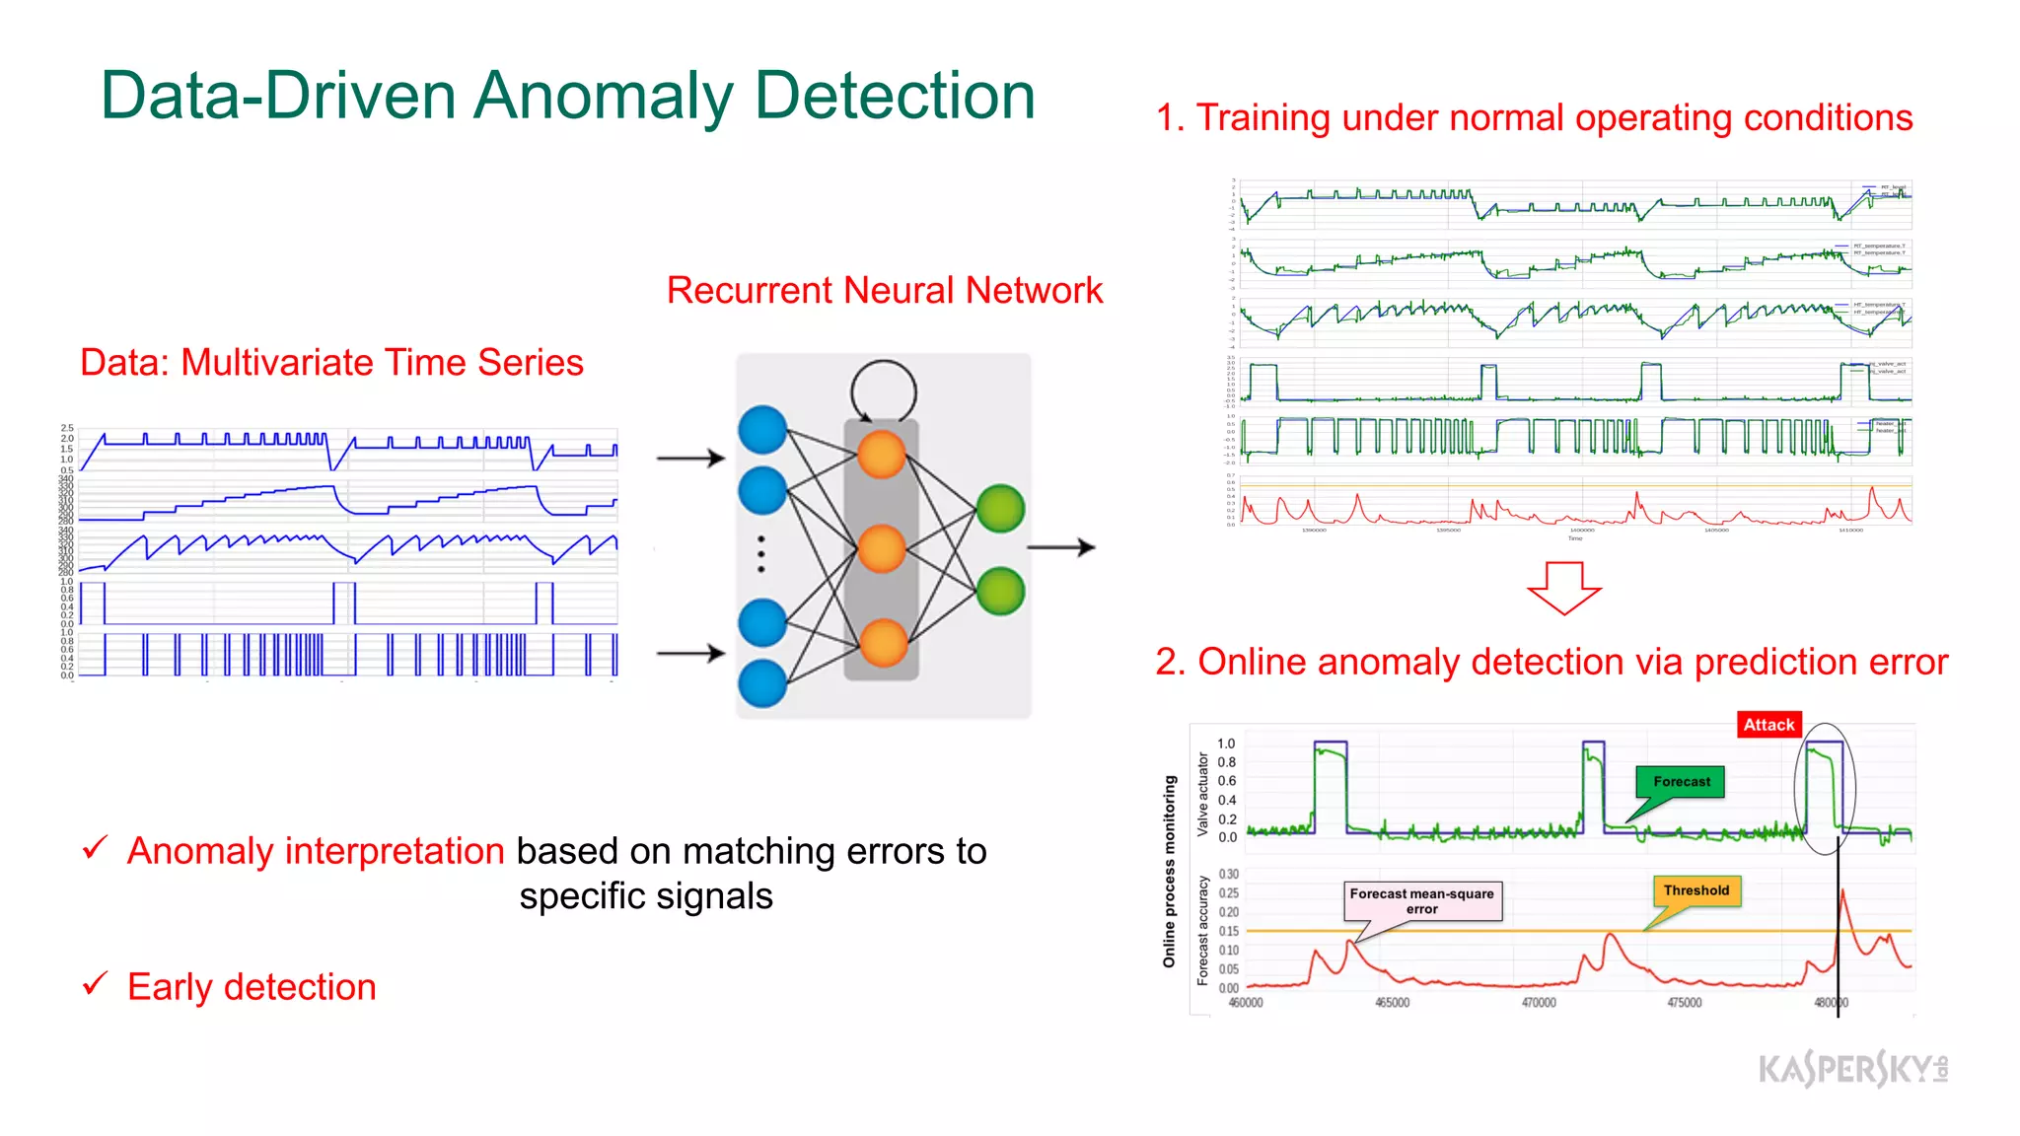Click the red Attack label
point(1768,725)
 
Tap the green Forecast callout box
point(1681,782)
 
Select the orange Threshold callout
point(1695,890)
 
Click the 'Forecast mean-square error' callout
point(1421,901)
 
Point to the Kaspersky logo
point(1852,1069)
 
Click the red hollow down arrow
point(1563,588)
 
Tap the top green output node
point(1000,509)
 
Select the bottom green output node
point(1000,592)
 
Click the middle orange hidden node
point(882,549)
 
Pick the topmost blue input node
point(762,430)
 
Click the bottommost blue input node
point(762,683)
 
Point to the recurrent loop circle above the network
point(884,390)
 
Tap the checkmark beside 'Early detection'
point(96,983)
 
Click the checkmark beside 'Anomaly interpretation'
point(96,847)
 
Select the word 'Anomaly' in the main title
point(603,97)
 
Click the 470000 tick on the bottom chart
point(1538,1003)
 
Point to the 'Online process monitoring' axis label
point(1170,871)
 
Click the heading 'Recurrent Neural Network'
point(884,291)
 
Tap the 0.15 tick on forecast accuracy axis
point(1228,931)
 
